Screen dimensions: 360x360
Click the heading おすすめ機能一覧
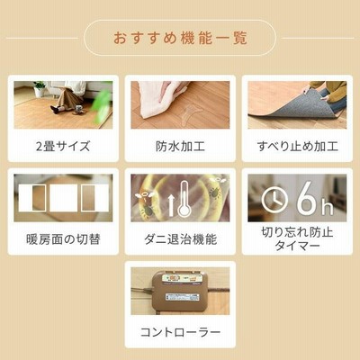tap(180, 39)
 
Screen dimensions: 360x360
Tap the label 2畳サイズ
tap(63, 147)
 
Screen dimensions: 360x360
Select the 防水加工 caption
tap(180, 147)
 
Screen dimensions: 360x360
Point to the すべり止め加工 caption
tap(297, 147)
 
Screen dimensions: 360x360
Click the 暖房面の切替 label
tap(63, 239)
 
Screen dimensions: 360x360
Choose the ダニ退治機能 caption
tap(180, 239)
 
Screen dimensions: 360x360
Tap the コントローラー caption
tap(180, 332)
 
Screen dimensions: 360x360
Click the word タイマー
tap(297, 246)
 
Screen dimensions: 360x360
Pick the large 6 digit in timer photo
tap(307, 198)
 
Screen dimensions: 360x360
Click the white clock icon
tap(274, 200)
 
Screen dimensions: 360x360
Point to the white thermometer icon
tap(184, 201)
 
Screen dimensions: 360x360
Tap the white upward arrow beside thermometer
tap(171, 205)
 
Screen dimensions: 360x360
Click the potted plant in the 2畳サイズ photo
tap(39, 89)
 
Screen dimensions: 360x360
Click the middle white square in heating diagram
tap(63, 198)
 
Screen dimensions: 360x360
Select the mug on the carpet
tap(78, 108)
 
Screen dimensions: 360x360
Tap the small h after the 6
tap(328, 208)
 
